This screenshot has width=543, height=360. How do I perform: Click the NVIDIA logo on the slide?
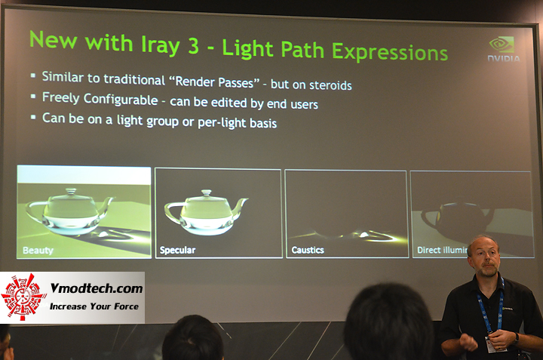point(503,49)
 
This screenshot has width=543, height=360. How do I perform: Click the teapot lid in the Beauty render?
point(70,192)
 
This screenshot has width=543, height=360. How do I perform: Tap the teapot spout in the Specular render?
point(240,206)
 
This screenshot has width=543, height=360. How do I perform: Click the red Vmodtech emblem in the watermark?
point(26,297)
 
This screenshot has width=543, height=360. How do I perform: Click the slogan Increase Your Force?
point(94,306)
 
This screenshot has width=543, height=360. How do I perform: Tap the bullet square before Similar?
point(33,76)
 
